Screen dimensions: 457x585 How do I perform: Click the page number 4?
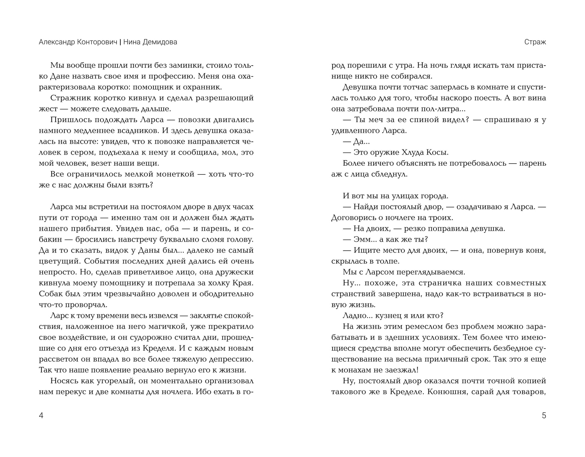(x=41, y=416)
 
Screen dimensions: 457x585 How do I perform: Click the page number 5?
(x=544, y=416)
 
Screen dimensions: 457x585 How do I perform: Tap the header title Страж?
(x=535, y=42)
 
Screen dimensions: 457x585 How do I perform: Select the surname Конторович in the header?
(x=97, y=42)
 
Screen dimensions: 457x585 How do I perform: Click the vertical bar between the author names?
(x=120, y=42)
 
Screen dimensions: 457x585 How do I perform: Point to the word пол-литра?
(x=442, y=109)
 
